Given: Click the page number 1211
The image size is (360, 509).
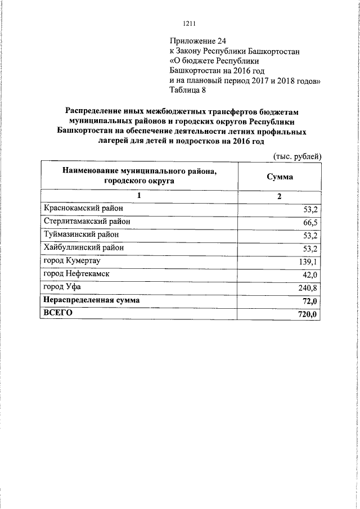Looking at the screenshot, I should coord(189,23).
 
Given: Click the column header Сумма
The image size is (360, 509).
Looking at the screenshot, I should coord(280,176).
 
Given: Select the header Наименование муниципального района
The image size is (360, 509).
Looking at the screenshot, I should coord(139,170).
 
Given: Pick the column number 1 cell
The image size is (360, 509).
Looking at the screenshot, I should coord(139,196).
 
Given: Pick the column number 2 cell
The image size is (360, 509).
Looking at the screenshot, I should coord(280,196).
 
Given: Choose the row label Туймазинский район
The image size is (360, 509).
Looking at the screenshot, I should coord(82,235).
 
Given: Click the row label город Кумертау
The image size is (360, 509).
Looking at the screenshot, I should coord(72,261).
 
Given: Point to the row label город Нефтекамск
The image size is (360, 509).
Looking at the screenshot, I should coord(76,274).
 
